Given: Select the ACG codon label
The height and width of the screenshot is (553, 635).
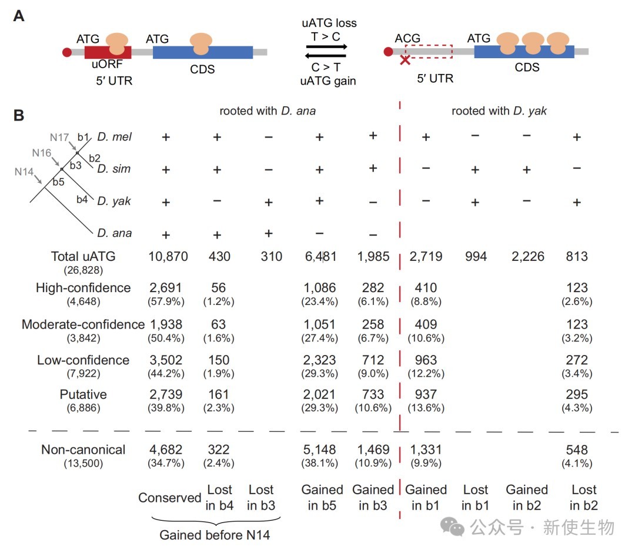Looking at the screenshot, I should (407, 39).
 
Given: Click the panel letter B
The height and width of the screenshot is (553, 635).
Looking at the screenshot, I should (19, 115).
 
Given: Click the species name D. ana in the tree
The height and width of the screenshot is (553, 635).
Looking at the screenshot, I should (115, 233).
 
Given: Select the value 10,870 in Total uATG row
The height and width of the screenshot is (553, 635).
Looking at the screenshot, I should (166, 257).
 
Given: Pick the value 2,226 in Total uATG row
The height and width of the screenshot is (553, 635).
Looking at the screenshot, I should (526, 257).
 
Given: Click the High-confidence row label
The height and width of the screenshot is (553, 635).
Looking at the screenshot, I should (83, 288).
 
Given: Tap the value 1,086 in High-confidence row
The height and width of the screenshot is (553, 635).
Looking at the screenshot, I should (319, 288).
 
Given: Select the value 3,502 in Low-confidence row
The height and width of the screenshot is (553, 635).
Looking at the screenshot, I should (166, 360).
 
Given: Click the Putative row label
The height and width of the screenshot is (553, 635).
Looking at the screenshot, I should (83, 394).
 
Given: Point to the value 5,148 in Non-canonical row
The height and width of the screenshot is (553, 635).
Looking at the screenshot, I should (319, 450).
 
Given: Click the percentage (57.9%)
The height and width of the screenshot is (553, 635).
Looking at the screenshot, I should (166, 301).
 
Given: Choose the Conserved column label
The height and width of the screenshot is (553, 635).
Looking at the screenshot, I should (169, 498).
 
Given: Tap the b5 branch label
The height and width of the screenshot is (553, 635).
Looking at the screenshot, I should (58, 182).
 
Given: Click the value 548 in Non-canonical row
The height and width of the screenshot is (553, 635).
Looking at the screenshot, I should (577, 450).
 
